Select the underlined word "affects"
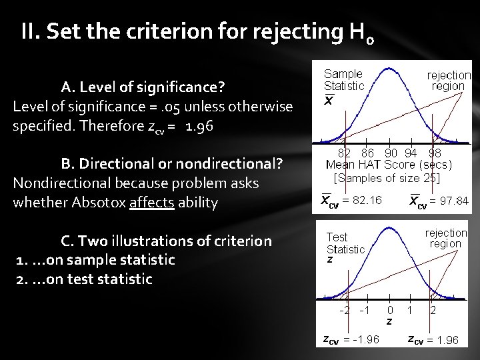[155, 202]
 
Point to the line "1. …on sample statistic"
[95, 259]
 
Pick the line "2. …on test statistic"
[83, 279]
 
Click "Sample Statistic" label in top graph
[343, 80]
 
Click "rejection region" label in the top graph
[448, 81]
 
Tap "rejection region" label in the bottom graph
[445, 238]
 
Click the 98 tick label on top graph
[435, 153]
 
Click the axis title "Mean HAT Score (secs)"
[389, 165]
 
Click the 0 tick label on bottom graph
[390, 311]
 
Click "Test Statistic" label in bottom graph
[345, 243]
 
